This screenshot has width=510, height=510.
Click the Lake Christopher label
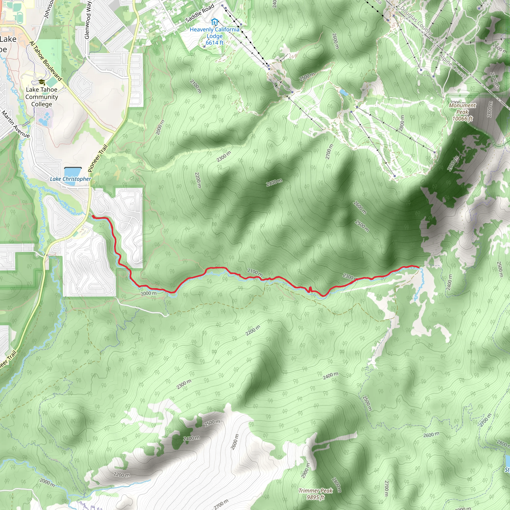click(70, 179)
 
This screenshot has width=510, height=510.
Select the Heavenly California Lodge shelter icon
click(215, 22)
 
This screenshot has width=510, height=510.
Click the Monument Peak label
click(462, 109)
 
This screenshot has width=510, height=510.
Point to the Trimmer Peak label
click(316, 491)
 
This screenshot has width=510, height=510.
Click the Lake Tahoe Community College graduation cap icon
click(41, 82)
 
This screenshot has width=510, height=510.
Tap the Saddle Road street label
click(199, 13)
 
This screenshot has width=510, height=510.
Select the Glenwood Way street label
click(88, 20)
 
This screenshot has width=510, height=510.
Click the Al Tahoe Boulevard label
click(46, 61)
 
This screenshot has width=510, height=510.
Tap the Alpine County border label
click(453, 66)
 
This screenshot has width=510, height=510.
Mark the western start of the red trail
click(93, 217)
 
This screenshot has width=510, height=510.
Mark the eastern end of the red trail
click(419, 267)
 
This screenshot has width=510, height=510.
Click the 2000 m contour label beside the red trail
click(148, 294)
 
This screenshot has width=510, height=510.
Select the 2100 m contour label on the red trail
click(255, 272)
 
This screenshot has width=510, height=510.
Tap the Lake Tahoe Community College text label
click(42, 97)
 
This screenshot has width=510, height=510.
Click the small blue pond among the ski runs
click(344, 92)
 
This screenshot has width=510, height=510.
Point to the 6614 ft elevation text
click(215, 43)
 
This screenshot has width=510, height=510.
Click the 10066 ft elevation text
click(462, 119)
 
